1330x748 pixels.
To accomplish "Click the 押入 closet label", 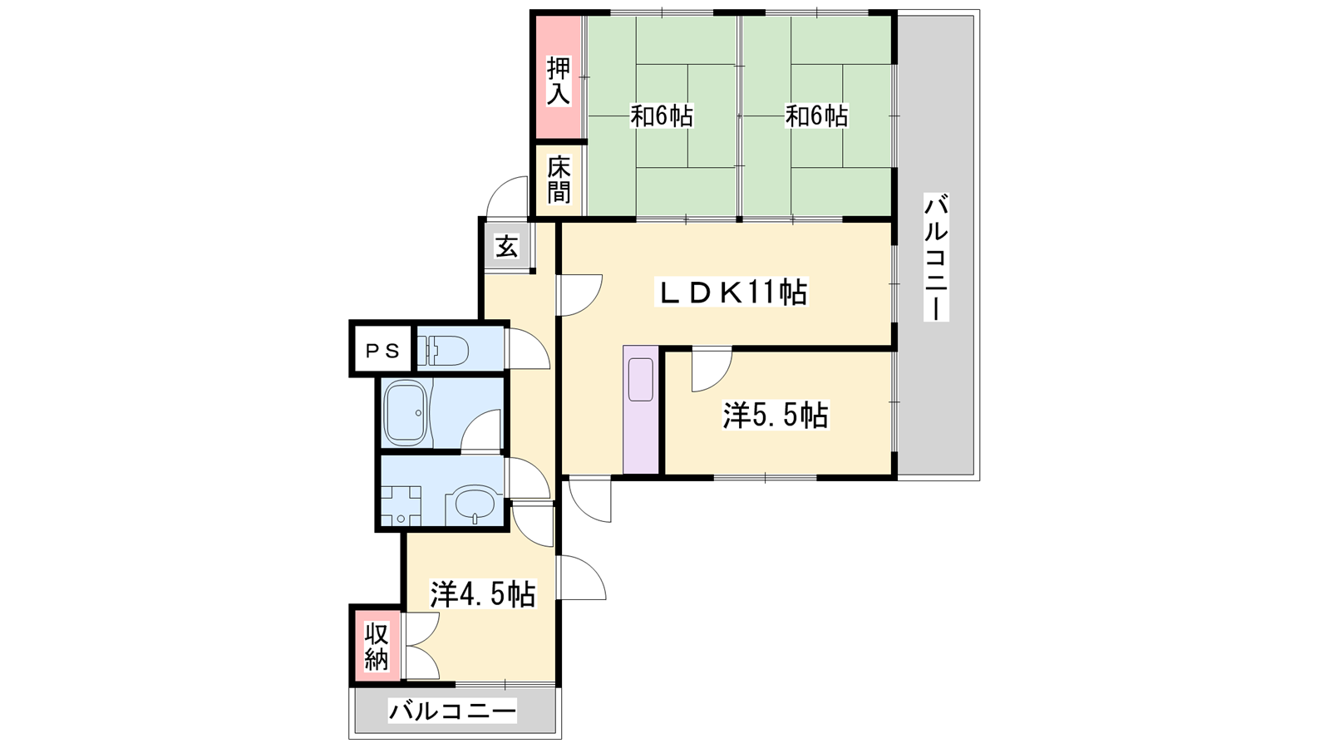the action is tap(558, 81).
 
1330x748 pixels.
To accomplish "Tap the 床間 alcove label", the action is tap(559, 180).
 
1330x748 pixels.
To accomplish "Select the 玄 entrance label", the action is tap(506, 246).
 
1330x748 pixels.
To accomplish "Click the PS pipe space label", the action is tap(382, 352).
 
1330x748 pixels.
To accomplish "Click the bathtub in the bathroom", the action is tap(406, 412).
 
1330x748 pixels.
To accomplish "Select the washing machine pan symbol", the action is tap(401, 506).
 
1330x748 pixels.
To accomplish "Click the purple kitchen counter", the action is tap(641, 410).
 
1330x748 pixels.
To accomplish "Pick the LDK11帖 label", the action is tap(731, 292).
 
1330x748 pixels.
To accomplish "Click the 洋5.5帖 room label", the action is tap(775, 415).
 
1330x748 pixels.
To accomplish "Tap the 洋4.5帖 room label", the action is tap(483, 593).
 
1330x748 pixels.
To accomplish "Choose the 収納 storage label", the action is tap(376, 647).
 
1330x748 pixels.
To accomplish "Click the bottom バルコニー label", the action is tap(452, 711).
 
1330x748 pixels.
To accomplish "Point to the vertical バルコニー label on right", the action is tap(936, 257).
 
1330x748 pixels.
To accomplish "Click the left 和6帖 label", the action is tap(662, 116).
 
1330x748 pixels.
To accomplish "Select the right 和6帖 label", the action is tap(816, 116).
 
